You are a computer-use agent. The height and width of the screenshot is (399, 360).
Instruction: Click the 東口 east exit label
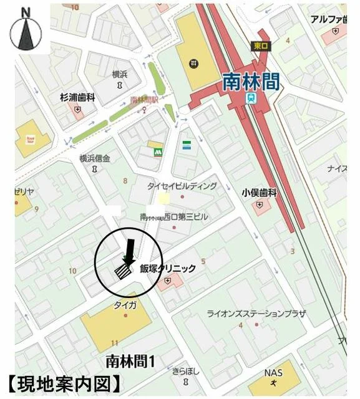tap(260, 46)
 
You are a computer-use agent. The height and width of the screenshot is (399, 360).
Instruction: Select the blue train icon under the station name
tap(251, 99)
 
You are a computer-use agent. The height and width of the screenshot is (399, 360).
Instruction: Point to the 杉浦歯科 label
tap(77, 97)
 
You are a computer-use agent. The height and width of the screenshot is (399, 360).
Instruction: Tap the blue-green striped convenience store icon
tap(186, 145)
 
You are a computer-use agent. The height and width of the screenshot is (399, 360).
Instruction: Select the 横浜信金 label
tap(94, 158)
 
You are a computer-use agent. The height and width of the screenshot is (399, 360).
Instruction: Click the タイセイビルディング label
tap(182, 186)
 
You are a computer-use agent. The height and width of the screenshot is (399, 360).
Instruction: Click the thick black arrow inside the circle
tap(129, 252)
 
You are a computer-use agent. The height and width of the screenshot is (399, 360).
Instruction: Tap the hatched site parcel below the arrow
tap(122, 272)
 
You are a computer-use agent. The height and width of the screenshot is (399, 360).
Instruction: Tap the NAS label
tap(273, 373)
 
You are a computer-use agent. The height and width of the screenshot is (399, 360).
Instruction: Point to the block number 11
tap(114, 344)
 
